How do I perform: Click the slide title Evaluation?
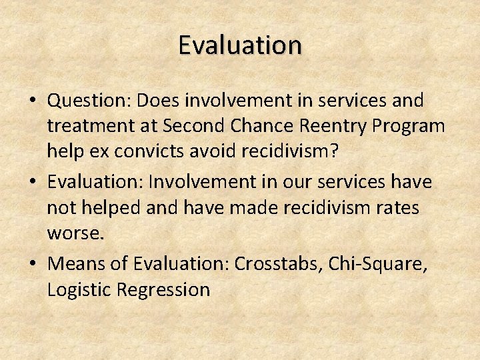coord(240,45)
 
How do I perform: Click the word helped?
coord(113,208)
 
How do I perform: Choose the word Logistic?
coord(79,290)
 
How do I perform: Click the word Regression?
coord(163,290)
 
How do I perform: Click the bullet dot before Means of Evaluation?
coord(32,263)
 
